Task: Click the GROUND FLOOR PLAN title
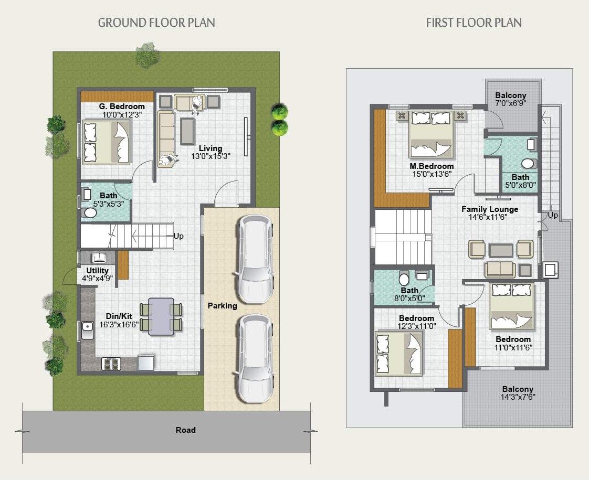point(156,23)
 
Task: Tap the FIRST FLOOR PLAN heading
point(474,23)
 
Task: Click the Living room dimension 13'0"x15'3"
point(211,156)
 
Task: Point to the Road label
point(185,430)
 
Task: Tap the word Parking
point(222,305)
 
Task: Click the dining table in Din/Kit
point(161,316)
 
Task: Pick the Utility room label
point(98,271)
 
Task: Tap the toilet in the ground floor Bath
point(90,213)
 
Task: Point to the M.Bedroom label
point(432,166)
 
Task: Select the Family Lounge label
point(489,209)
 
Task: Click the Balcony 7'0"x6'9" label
point(510,95)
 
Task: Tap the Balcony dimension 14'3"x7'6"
point(517,397)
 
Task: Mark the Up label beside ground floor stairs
point(178,236)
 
